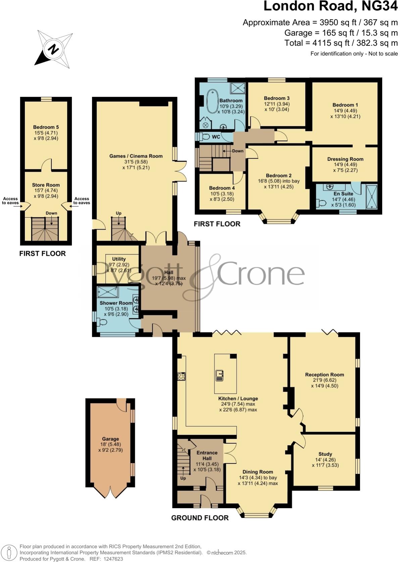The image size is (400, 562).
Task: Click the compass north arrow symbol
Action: coord(53,49)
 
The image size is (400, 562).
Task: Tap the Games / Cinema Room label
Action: coord(136,156)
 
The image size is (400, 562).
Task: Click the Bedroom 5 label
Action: coord(46,127)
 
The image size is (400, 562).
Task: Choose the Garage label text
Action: coord(110,439)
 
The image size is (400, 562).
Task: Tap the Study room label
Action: coord(325,454)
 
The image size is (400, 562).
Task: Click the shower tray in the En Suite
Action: coord(371,197)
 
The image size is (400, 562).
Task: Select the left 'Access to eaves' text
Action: coord(10,201)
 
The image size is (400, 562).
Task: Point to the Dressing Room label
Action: coord(345,159)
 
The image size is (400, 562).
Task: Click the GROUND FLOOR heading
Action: coord(200,518)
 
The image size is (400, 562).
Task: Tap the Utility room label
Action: coord(119,259)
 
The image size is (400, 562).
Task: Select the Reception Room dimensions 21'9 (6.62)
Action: coord(324,380)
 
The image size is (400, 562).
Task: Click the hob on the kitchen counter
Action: coord(181,376)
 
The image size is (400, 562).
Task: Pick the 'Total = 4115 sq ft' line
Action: coord(341,43)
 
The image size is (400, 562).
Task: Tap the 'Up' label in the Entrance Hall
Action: coord(183,478)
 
